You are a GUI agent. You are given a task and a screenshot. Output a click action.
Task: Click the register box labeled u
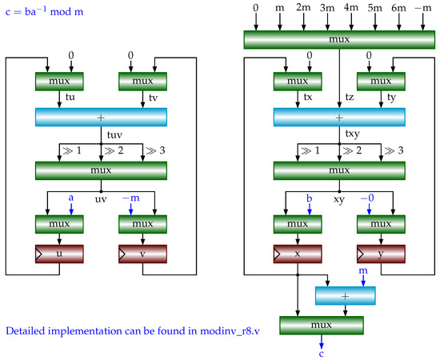point(60,254)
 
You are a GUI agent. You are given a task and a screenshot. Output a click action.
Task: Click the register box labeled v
point(142,254)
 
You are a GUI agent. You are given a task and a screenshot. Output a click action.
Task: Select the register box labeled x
point(298,254)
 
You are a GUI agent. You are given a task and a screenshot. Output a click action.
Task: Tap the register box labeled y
point(380,254)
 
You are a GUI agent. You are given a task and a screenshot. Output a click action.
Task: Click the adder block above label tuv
point(101,117)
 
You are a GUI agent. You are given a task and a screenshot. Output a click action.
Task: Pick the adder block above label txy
point(339,117)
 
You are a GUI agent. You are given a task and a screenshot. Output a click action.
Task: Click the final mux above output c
point(321,326)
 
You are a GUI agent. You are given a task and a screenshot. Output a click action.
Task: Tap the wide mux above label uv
point(101,171)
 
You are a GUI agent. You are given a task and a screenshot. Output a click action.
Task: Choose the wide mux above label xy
point(339,171)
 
